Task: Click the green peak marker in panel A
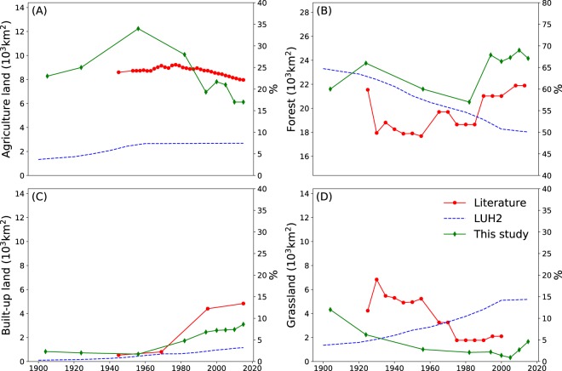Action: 138,28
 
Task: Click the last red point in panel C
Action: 243,304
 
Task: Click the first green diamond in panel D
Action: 330,310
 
